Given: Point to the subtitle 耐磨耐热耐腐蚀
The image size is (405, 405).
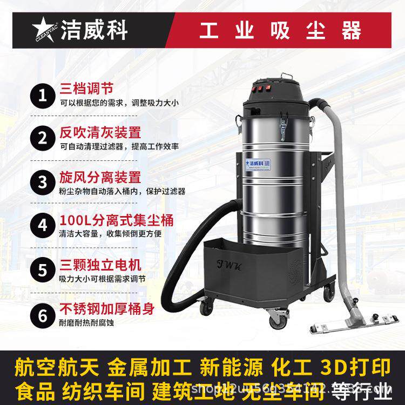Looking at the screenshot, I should click(86, 324).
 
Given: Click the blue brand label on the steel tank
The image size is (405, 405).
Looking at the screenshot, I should click(258, 161).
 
